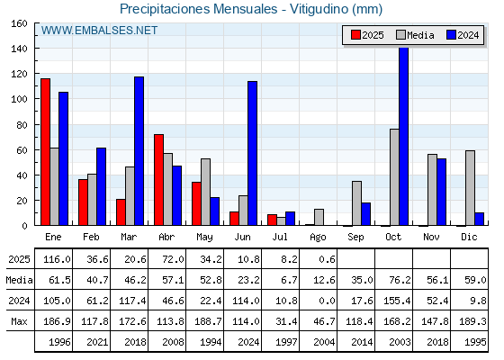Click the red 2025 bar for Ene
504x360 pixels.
point(45,152)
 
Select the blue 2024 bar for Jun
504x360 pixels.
point(252,153)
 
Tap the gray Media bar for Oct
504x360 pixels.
point(394,177)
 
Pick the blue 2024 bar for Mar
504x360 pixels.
point(139,151)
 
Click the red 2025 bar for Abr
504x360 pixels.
point(158,180)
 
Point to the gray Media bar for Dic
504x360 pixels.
point(470,188)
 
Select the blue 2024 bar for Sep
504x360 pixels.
point(365,214)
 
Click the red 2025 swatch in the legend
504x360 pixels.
point(355,35)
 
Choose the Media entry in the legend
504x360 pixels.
point(415,35)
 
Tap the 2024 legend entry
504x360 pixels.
point(463,35)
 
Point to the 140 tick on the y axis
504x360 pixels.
point(36,49)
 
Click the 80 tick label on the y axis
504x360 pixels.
point(22,125)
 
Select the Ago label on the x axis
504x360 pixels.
point(318,238)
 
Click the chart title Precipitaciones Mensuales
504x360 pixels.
point(198,9)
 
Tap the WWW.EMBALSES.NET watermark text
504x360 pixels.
point(99,31)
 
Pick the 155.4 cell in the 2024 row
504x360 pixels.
point(397,301)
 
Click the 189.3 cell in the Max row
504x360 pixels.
point(472,321)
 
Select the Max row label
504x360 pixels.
point(19,321)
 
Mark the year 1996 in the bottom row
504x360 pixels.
point(59,342)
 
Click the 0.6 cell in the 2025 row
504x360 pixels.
point(327,259)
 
